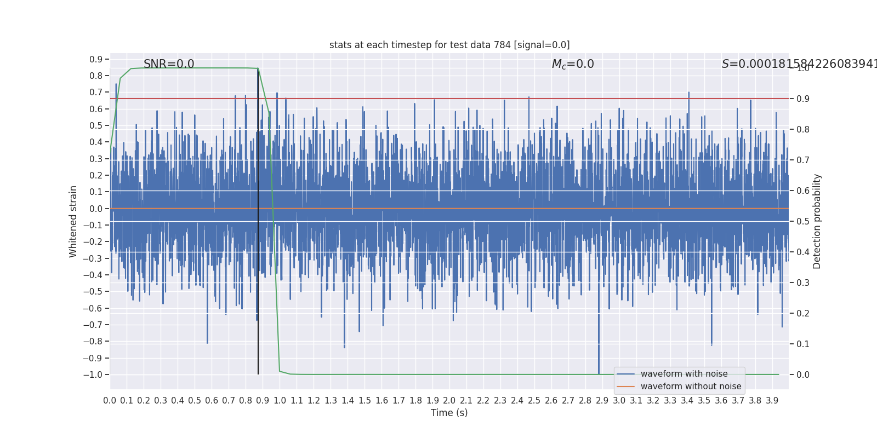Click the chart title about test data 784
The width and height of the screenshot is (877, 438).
449,45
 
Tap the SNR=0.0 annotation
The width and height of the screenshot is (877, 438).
169,64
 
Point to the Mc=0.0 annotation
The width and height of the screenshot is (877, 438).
573,64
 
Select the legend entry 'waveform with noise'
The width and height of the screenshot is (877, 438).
684,374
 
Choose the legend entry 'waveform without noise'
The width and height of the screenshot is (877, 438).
691,387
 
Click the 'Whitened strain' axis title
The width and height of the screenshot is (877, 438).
73,221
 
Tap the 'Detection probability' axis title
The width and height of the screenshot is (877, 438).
817,221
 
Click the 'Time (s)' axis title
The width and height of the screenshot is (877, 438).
449,413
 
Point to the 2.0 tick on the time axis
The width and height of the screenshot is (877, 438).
449,401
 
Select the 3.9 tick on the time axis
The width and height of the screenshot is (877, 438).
772,401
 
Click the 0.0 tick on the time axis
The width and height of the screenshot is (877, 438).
110,401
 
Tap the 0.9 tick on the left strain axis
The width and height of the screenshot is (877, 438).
96,59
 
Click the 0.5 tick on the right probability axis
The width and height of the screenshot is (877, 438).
803,222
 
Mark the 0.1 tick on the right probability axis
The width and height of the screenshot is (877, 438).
803,344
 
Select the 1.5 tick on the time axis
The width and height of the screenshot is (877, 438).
365,401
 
